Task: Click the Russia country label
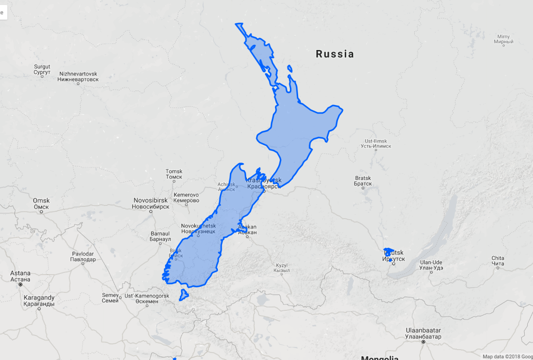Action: coord(335,54)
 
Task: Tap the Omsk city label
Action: coord(41,204)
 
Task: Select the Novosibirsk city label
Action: coord(150,203)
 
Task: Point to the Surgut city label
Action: coord(42,69)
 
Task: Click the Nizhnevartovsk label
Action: coord(78,76)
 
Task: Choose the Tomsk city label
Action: coord(174,174)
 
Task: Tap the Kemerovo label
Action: coord(186,197)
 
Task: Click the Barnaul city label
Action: coord(160,236)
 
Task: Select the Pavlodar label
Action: coord(83,256)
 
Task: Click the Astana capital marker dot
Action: coord(20,284)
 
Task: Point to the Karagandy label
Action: coord(39,300)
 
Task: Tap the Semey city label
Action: coord(110,298)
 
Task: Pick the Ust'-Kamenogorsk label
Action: coord(147,298)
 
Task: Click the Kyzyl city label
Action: coord(281,267)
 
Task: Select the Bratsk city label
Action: coord(363,181)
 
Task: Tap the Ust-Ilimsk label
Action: coord(376,143)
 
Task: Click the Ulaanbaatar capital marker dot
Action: coord(423,342)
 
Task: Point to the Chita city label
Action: coord(498,260)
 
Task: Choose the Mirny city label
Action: coord(503,39)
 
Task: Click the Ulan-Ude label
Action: coord(431,265)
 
